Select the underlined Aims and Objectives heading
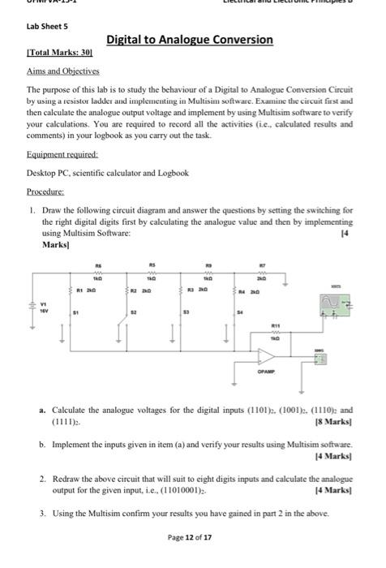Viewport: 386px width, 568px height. tap(55, 71)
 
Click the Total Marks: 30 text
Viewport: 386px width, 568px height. tap(58, 53)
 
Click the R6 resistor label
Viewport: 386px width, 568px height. tap(97, 264)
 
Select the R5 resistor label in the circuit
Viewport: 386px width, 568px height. tap(151, 264)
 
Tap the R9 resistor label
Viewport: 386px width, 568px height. tap(208, 264)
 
